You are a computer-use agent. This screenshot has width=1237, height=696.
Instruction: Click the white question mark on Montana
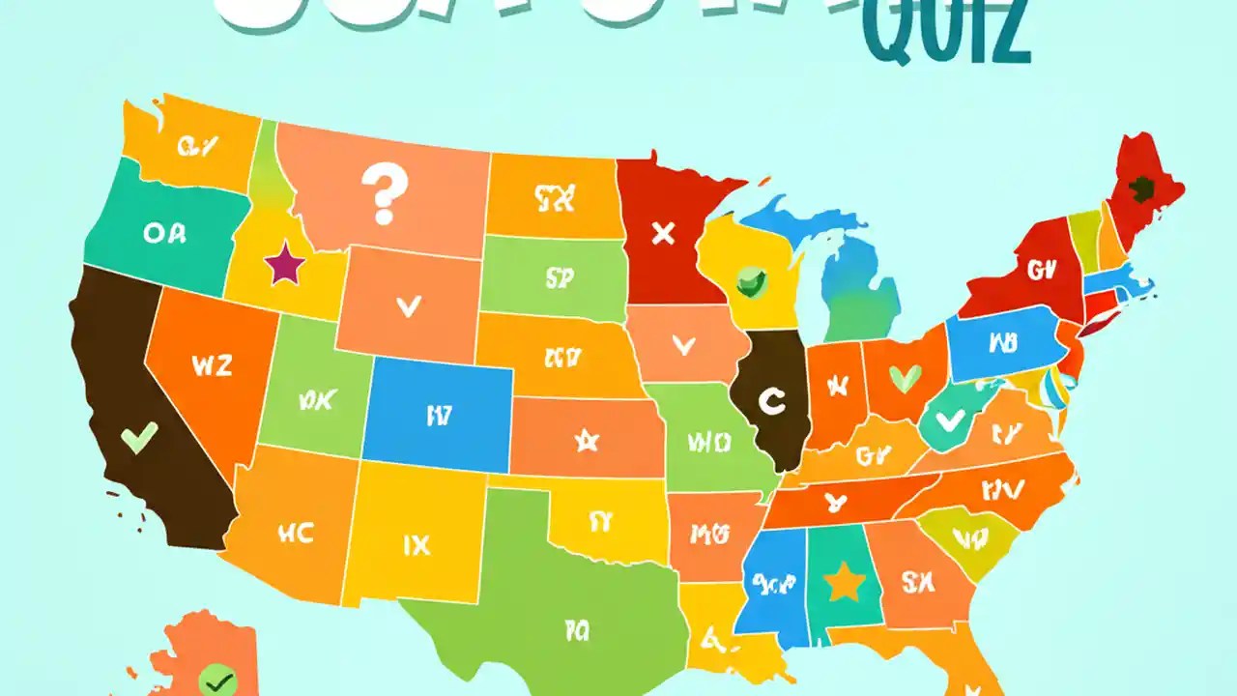[383, 192]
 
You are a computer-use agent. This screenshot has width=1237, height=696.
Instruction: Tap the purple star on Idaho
[283, 264]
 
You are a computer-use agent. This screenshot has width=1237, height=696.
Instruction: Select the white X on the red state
[663, 233]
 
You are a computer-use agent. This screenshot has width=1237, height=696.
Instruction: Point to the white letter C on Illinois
[770, 401]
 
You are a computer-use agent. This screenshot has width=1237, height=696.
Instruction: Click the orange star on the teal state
[843, 582]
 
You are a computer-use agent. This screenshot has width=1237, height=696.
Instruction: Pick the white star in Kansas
[586, 441]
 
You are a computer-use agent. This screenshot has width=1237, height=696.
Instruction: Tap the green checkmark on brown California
[138, 439]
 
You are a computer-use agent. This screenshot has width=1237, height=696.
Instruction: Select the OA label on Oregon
[165, 232]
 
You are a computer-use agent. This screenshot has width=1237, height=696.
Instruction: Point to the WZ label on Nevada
[213, 366]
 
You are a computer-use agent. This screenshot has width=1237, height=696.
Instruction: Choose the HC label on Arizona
[295, 532]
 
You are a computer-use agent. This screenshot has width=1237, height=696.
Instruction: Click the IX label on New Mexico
[416, 545]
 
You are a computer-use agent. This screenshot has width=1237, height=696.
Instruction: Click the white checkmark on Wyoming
[409, 306]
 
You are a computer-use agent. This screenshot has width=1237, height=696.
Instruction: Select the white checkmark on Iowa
[683, 343]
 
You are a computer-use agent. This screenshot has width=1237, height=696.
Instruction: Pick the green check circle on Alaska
[217, 681]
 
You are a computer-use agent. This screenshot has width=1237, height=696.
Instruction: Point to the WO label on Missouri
[707, 443]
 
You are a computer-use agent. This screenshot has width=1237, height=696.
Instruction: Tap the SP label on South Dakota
[560, 278]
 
